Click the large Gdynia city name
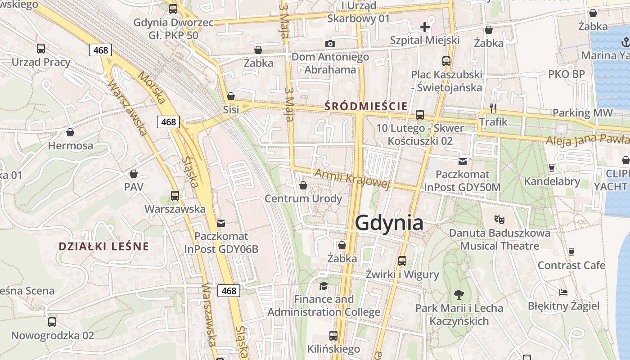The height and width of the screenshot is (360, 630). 389,223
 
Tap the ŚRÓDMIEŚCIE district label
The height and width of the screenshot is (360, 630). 366,107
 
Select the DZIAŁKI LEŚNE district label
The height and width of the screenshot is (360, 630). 103,247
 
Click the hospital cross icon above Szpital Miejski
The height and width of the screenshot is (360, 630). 424,27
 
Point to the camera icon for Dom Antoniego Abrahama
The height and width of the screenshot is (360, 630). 330,44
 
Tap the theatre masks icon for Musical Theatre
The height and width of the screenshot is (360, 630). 499,220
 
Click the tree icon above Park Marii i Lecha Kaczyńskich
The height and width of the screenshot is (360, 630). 459,295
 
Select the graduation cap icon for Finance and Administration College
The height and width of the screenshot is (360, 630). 324,286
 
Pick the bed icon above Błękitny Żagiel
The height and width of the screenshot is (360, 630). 563,292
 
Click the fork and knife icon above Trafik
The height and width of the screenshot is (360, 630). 493,108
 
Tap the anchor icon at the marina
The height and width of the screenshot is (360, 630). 625,42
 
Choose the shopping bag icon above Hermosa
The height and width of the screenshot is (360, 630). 70,132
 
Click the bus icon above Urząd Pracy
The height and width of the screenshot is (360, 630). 41,49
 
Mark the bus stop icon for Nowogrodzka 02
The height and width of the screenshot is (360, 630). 52,322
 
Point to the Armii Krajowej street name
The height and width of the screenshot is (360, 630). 351,179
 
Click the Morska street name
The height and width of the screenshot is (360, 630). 152,88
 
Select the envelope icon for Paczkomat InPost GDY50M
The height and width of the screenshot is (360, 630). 463,162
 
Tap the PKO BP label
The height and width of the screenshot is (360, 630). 566,74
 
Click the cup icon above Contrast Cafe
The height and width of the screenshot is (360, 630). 571,252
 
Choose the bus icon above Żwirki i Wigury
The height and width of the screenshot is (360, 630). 402,261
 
